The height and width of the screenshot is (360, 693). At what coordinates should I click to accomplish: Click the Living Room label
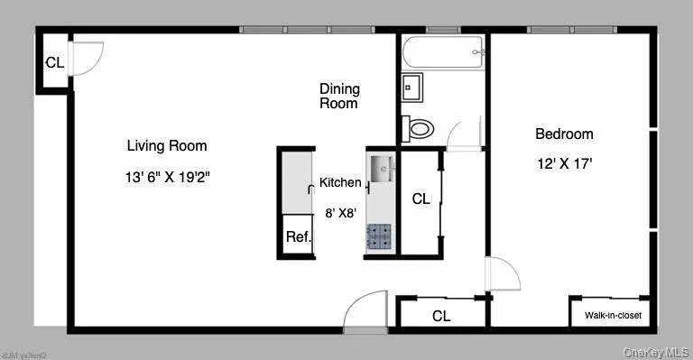pyautogui.click(x=166, y=145)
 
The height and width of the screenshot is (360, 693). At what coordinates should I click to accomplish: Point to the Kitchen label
pyautogui.click(x=340, y=183)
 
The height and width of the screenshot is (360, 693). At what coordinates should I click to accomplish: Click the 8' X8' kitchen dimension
pyautogui.click(x=340, y=213)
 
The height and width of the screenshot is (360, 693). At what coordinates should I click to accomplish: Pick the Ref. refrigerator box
pyautogui.click(x=298, y=238)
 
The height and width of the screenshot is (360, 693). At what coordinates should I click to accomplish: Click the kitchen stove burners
pyautogui.click(x=378, y=236)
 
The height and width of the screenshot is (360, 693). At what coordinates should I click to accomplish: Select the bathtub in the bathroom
pyautogui.click(x=443, y=53)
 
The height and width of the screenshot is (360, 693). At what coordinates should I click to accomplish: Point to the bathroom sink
pyautogui.click(x=412, y=88)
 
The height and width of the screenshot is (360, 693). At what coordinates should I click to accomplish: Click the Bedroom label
pyautogui.click(x=564, y=134)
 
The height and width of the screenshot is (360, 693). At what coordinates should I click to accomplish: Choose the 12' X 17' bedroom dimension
pyautogui.click(x=564, y=164)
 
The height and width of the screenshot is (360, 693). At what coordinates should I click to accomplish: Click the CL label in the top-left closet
pyautogui.click(x=54, y=63)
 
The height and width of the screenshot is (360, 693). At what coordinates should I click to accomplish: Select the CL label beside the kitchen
pyautogui.click(x=420, y=198)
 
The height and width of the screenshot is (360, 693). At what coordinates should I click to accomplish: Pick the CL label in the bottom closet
pyautogui.click(x=441, y=316)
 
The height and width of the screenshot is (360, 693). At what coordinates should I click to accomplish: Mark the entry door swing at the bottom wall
pyautogui.click(x=365, y=311)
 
